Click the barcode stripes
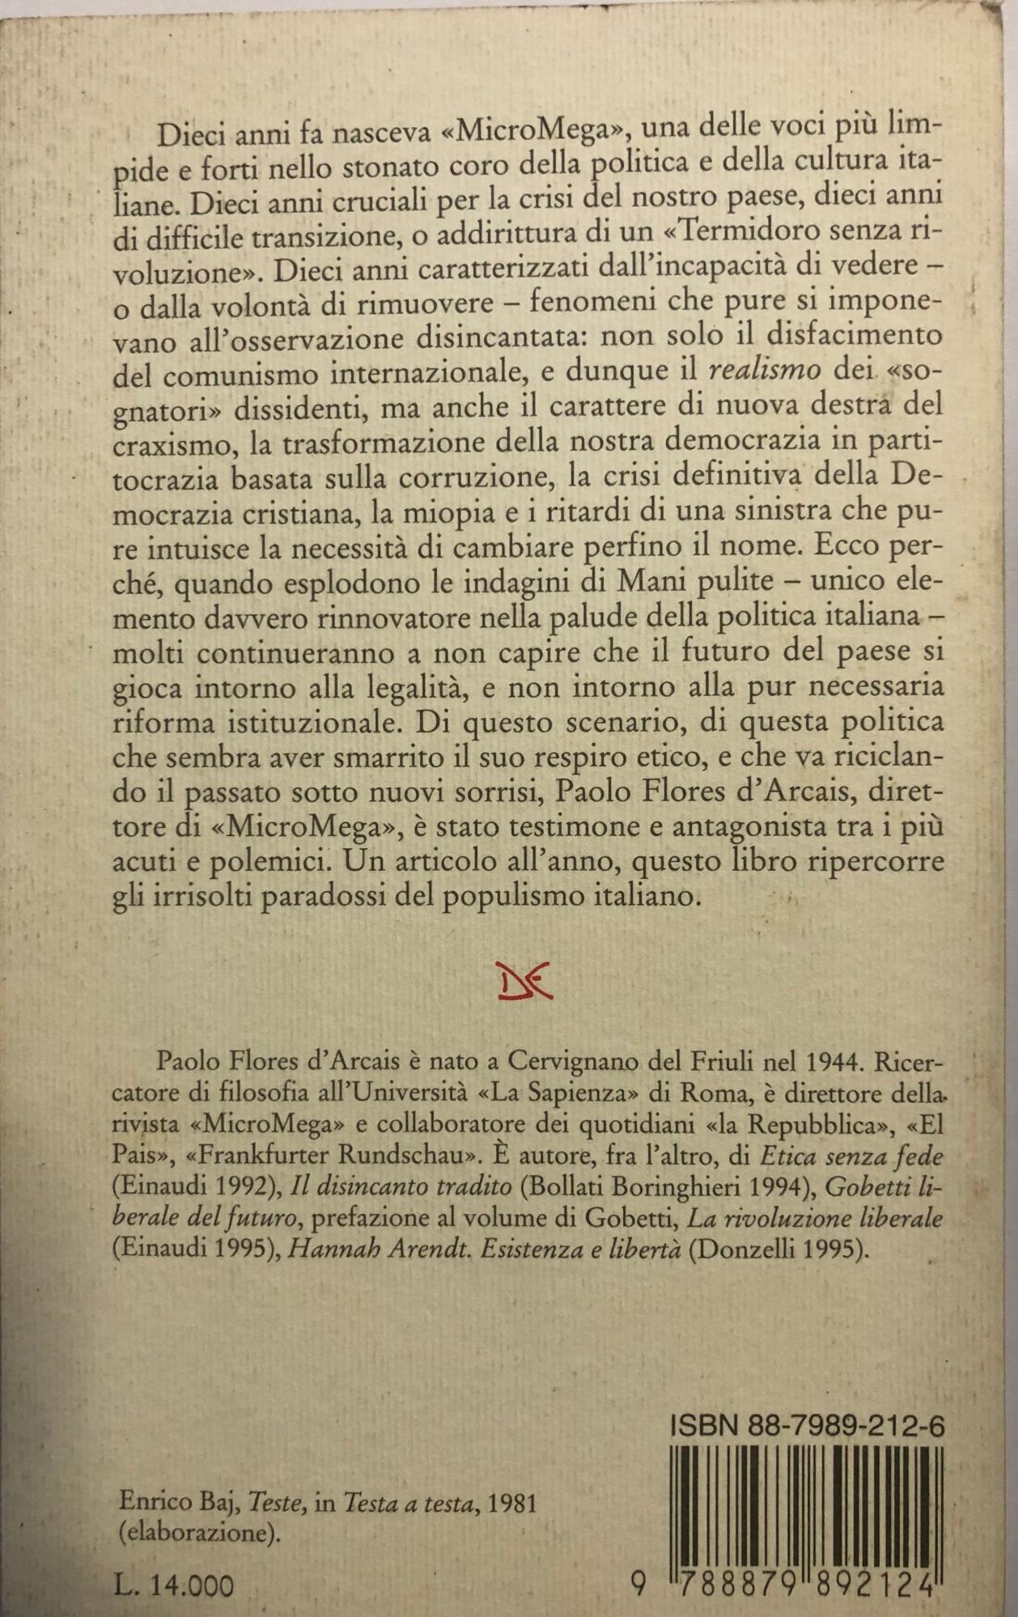point(806,1494)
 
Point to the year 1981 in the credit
point(513,1503)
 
